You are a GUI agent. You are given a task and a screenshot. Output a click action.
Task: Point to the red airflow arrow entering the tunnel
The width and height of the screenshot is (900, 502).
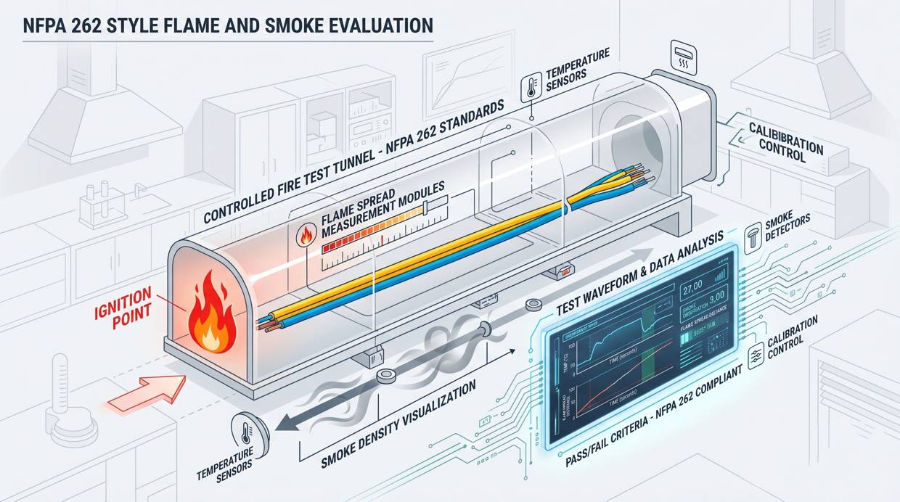click(x=145, y=392)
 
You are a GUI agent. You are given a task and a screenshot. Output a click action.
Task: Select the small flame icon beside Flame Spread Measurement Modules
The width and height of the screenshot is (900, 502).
click(x=304, y=236)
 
